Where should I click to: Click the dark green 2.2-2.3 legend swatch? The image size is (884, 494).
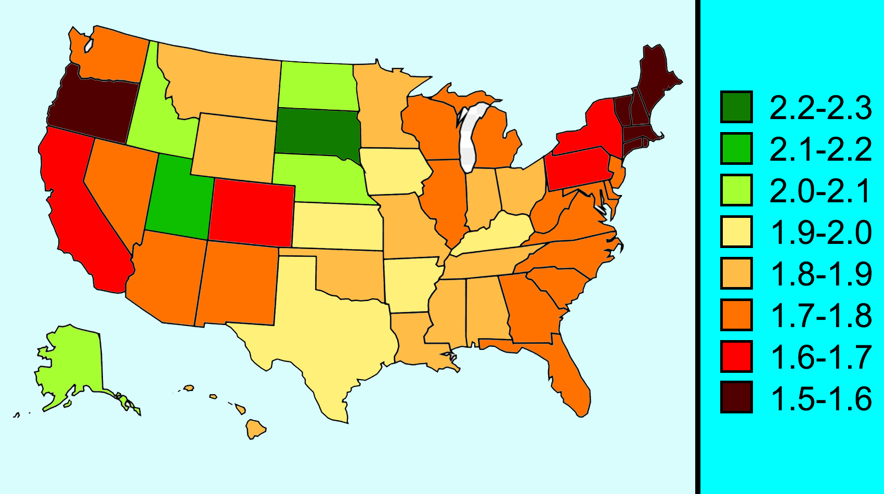tap(736, 107)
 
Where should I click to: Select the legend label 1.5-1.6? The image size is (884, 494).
tap(821, 399)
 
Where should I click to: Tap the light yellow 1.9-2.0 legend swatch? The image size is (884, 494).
tap(736, 232)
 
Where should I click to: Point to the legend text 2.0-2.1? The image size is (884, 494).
tap(821, 191)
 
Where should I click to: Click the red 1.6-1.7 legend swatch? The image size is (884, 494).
tap(736, 357)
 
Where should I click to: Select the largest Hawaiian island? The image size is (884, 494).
tap(255, 430)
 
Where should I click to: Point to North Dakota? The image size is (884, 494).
tap(317, 85)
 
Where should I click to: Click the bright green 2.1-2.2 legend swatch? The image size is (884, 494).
tap(736, 149)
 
